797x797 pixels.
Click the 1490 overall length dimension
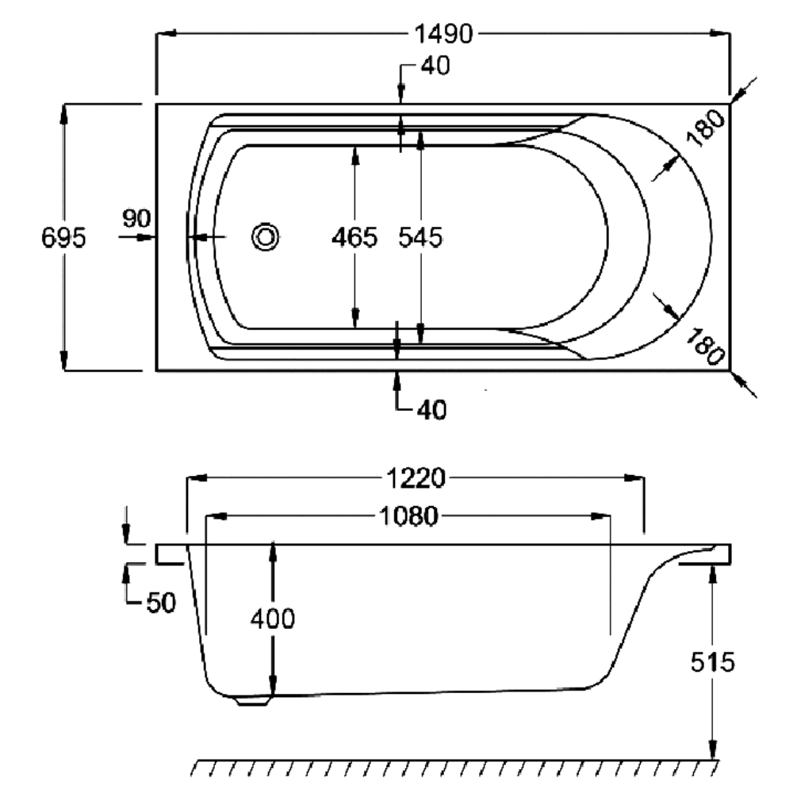pyautogui.click(x=443, y=34)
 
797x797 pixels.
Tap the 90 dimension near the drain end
pyautogui.click(x=136, y=217)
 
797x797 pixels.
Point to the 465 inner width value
pyautogui.click(x=354, y=237)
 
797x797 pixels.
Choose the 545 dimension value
pyautogui.click(x=420, y=237)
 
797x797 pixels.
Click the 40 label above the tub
pyautogui.click(x=435, y=67)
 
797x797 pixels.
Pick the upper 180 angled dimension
pyautogui.click(x=705, y=127)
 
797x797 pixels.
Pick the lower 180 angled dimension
pyautogui.click(x=705, y=346)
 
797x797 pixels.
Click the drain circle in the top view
pyautogui.click(x=265, y=236)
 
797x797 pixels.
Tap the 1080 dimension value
pyautogui.click(x=408, y=517)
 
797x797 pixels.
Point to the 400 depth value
pyautogui.click(x=272, y=619)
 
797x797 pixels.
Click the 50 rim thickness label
pyautogui.click(x=160, y=603)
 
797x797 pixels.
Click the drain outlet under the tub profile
pyautogui.click(x=252, y=699)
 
